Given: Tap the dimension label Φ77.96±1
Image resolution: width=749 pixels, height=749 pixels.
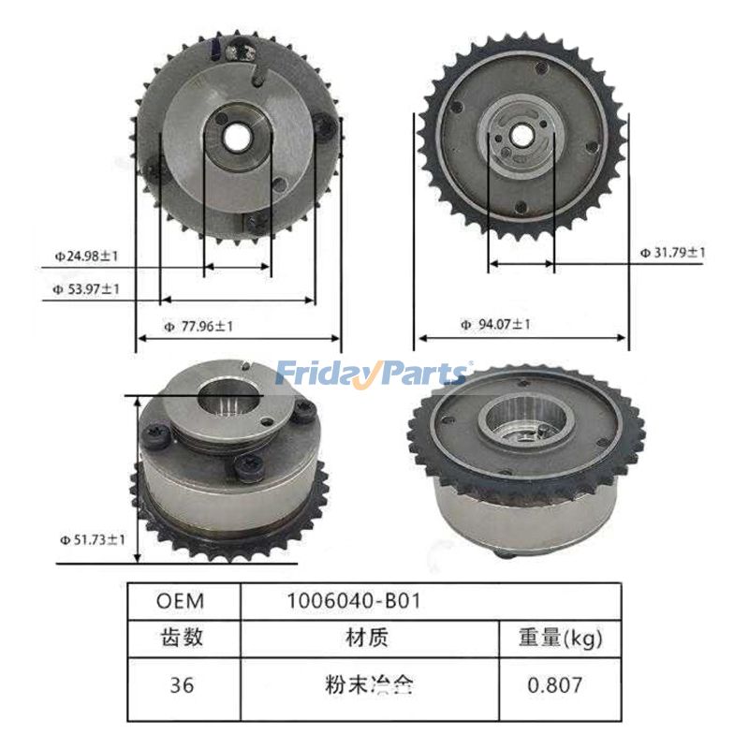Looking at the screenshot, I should click(198, 327).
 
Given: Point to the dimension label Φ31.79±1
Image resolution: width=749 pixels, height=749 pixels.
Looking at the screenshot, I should click(672, 252).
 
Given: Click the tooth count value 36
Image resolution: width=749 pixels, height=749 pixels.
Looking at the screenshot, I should click(183, 684).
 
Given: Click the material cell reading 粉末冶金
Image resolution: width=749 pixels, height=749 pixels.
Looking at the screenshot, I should click(369, 684).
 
